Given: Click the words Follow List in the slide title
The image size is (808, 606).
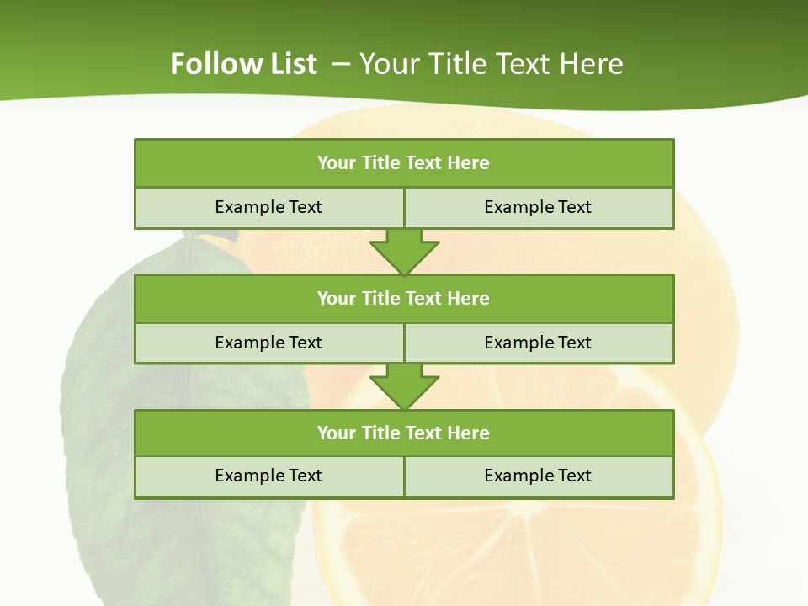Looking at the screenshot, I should coord(243,64).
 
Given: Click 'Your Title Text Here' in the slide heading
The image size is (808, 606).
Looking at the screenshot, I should coord(492,64).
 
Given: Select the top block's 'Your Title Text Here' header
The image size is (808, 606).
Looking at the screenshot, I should coord(403,163).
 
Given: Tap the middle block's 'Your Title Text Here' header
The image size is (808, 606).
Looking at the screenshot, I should coord(403,298).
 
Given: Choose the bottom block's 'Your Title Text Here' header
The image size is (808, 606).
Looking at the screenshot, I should coord(403,433).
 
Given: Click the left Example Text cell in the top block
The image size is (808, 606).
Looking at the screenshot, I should coord(268,207).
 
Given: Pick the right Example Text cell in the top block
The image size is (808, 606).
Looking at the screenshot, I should coord(538,207).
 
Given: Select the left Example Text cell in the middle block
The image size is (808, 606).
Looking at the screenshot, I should coord(268,343).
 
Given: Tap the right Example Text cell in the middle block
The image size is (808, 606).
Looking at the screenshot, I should coord(538,343).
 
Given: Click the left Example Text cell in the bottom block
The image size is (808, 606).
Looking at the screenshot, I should coord(268,476).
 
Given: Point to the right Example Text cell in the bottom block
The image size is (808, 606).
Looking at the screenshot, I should coord(538,476).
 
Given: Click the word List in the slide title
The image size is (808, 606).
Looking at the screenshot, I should coord(294,64).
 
